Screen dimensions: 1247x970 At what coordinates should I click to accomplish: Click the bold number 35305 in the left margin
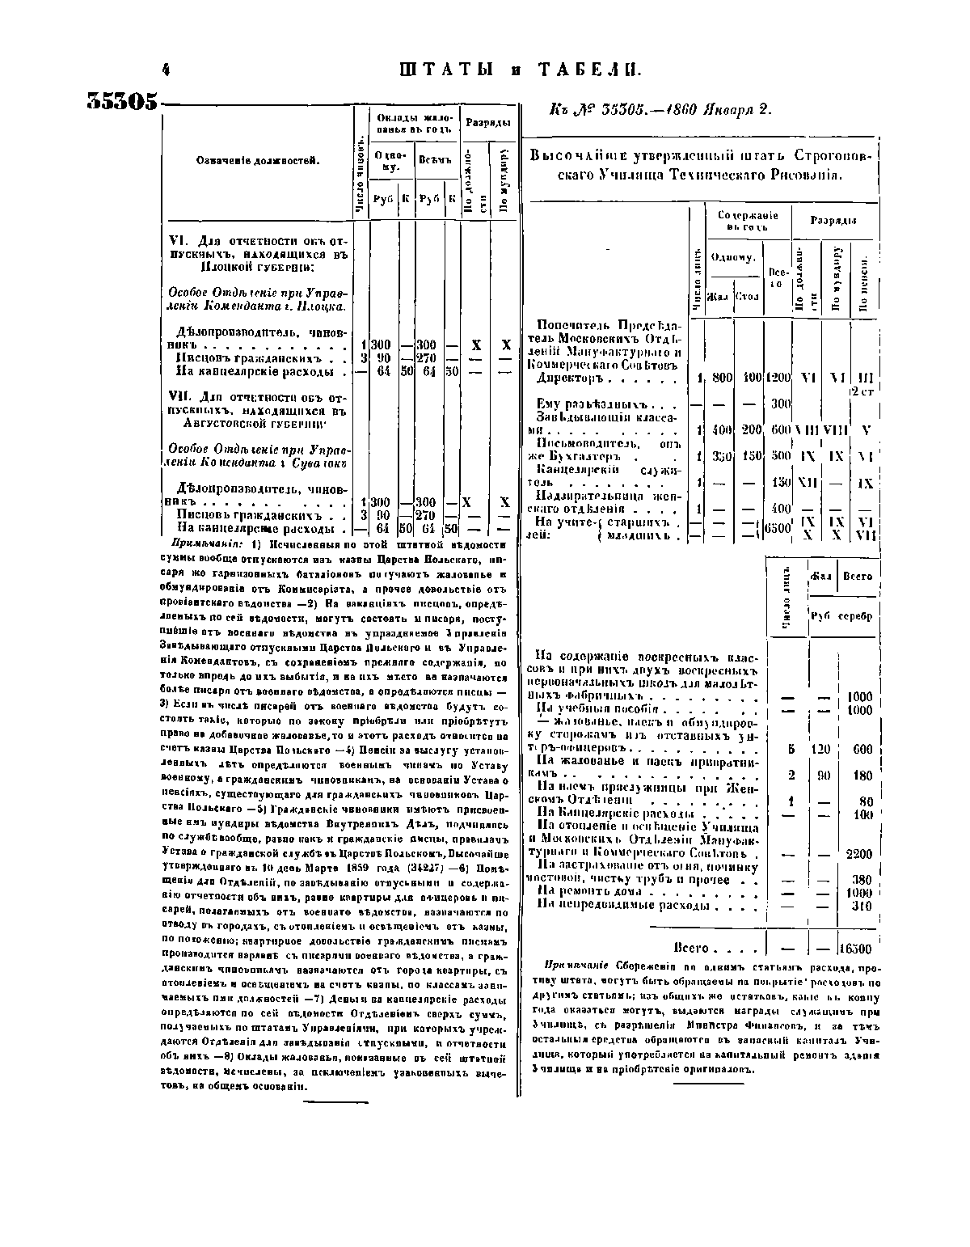[121, 101]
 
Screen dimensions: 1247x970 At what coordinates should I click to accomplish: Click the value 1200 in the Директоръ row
[778, 378]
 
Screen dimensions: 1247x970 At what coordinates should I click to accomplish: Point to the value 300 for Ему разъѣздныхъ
[780, 404]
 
